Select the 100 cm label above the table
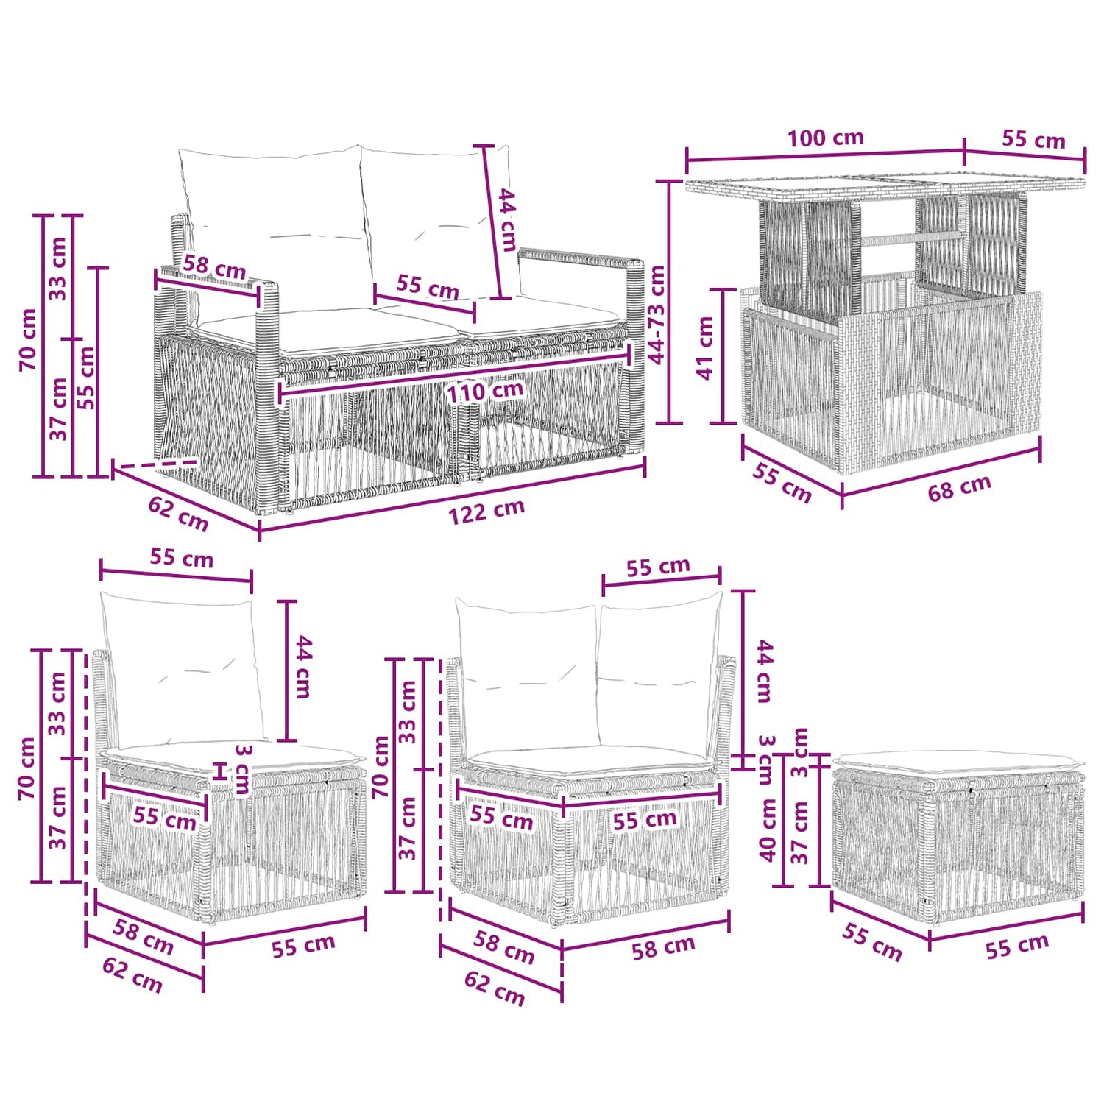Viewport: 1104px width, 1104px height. click(825, 138)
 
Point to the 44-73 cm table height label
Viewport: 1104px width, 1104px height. click(657, 314)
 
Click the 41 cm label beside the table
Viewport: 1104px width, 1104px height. click(705, 347)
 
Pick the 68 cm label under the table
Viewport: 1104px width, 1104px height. click(959, 488)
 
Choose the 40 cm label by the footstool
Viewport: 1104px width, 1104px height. click(768, 829)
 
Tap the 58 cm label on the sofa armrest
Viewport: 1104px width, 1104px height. click(214, 267)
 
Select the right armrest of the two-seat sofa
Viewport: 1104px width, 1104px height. click(581, 259)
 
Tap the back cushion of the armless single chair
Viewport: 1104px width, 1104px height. click(182, 670)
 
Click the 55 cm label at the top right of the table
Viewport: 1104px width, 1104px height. click(1033, 140)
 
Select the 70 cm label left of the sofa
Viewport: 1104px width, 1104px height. click(28, 339)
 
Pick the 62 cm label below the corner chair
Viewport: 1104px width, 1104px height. click(495, 988)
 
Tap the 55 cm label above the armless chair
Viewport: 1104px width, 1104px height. click(182, 558)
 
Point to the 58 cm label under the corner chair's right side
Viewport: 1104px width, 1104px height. click(663, 948)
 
